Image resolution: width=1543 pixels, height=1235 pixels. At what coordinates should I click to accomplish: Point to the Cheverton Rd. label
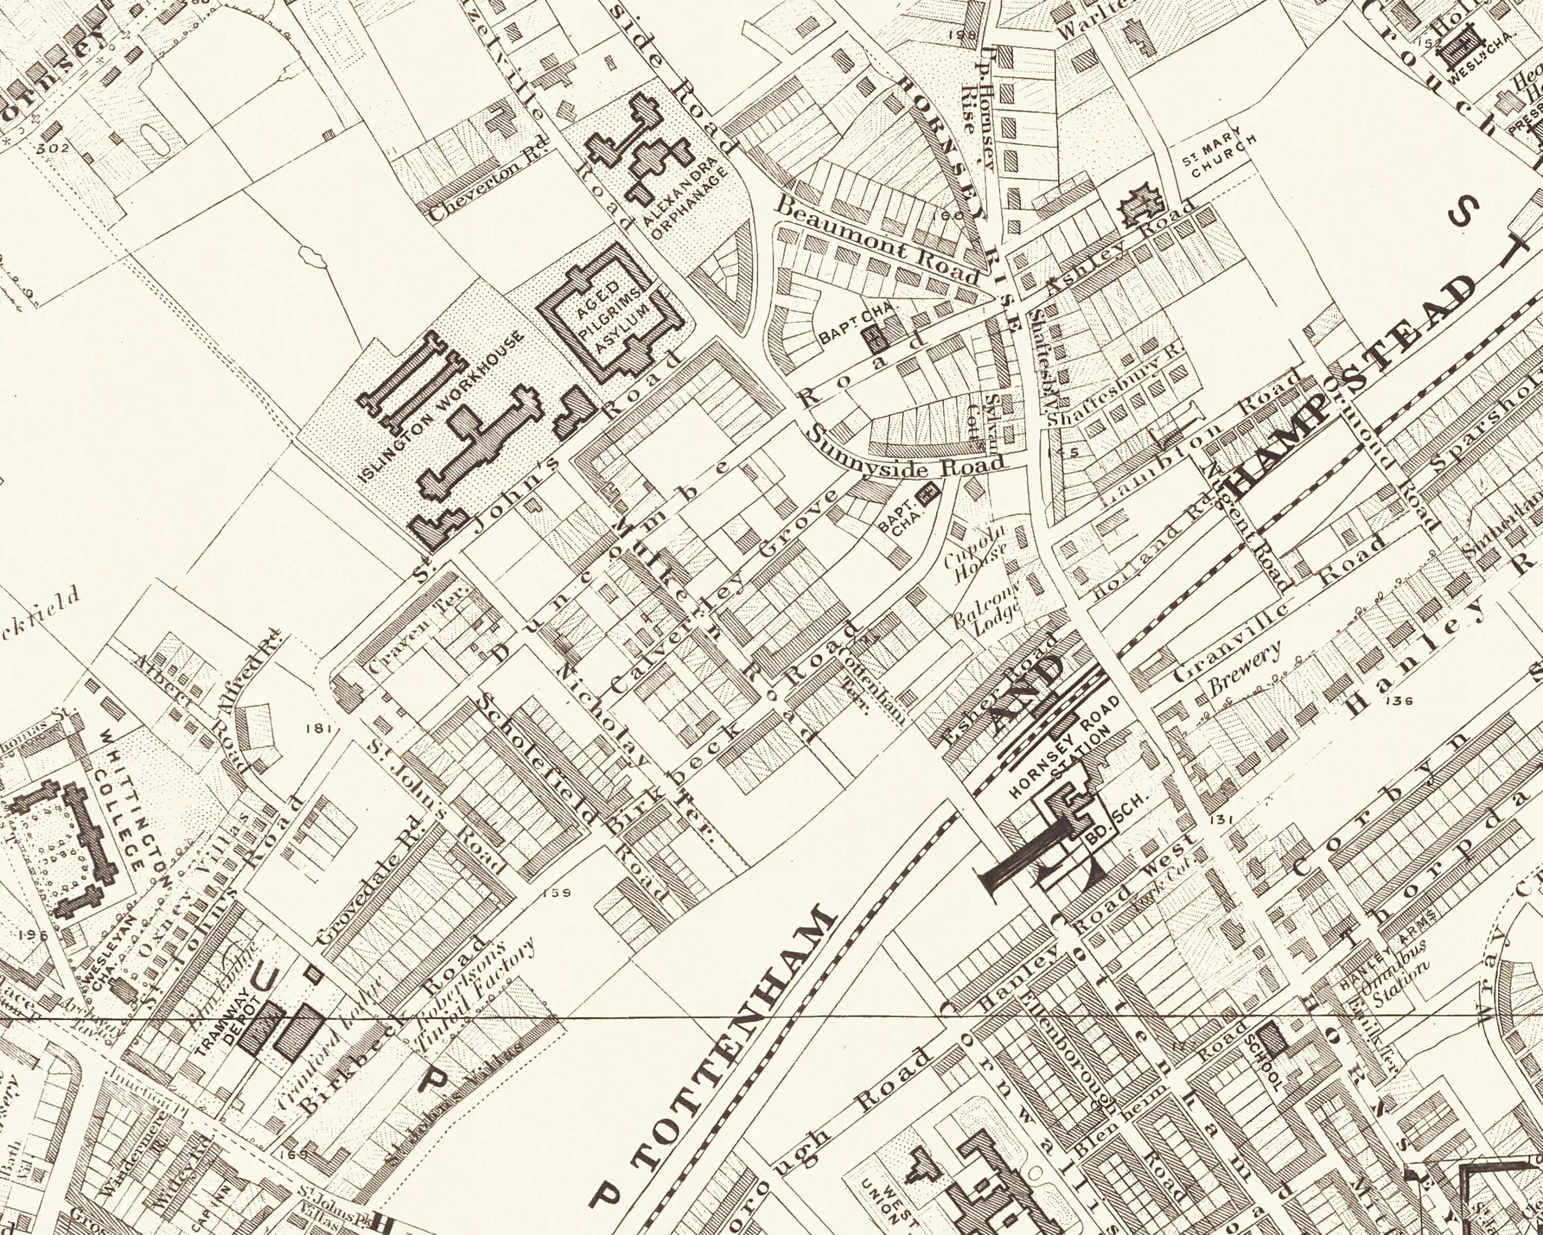tap(489, 181)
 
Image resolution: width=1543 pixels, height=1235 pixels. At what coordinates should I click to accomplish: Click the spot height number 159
tap(557, 893)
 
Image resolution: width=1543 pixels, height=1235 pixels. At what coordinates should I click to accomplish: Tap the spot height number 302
tap(53, 148)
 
